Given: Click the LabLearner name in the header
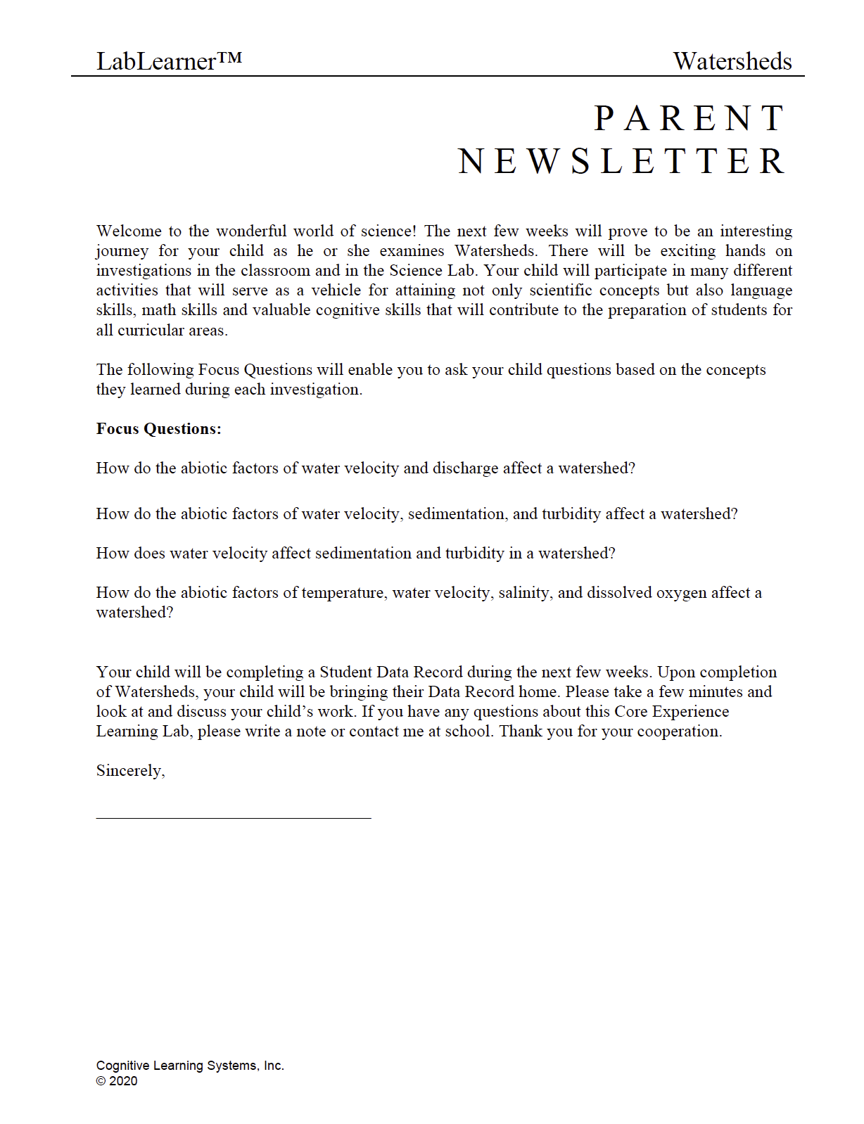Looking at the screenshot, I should (155, 61).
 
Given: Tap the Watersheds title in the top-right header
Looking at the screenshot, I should (732, 61).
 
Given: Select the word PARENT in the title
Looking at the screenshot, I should (689, 118).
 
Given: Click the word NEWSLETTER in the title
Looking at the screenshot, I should (621, 161).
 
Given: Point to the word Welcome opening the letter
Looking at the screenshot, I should (129, 231).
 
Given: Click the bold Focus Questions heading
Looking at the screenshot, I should (159, 429).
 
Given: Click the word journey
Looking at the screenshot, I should (122, 252).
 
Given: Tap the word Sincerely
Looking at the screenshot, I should (130, 771).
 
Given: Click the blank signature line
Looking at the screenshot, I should (233, 817).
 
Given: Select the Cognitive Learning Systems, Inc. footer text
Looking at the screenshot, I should (190, 1066).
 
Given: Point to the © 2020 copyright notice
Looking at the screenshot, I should (117, 1081).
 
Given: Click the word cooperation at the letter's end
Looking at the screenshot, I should (678, 732).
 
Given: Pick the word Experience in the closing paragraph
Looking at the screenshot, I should (690, 712).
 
